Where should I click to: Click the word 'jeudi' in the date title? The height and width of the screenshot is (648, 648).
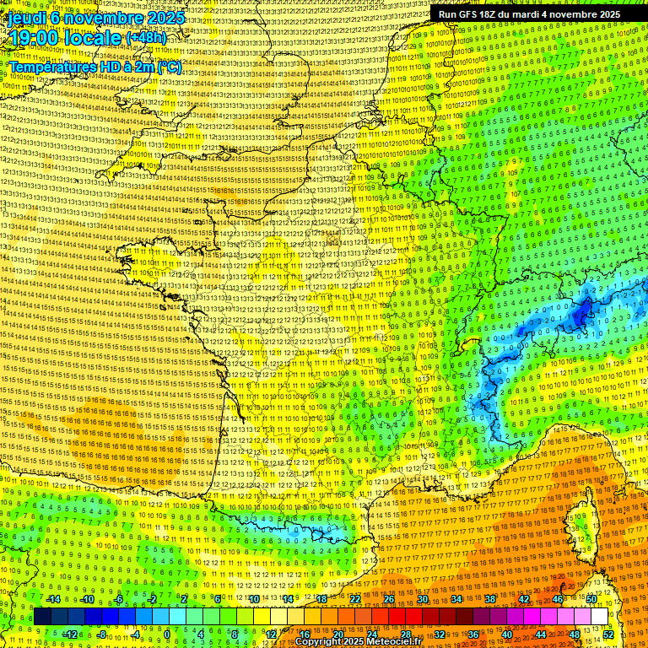tap(27, 18)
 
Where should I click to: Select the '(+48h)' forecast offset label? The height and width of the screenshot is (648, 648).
tap(147, 38)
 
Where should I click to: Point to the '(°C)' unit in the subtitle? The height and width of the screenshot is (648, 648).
tap(168, 67)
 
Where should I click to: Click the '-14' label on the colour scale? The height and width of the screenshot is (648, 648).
tap(53, 599)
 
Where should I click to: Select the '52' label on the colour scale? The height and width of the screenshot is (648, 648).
tap(608, 634)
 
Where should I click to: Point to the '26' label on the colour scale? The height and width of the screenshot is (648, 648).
tap(389, 599)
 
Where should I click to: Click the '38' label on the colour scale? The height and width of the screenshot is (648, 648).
tap(490, 599)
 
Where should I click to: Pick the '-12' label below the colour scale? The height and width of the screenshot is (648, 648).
tap(70, 634)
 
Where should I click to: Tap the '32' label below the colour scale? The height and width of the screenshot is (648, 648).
tap(440, 634)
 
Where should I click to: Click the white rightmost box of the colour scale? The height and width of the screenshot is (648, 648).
tap(600, 617)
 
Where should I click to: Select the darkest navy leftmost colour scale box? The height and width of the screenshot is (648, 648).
tap(42, 617)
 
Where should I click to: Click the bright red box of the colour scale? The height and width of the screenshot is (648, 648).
tap(397, 617)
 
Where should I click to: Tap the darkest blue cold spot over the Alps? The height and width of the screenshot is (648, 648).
tap(580, 315)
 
